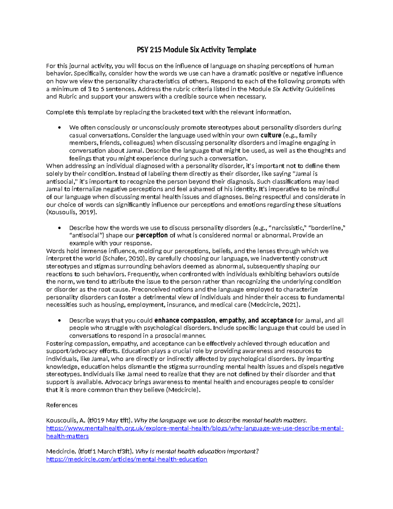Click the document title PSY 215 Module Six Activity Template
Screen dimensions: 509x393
click(x=196, y=50)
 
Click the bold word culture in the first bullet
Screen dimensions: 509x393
click(x=271, y=135)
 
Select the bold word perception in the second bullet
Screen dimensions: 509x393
click(x=152, y=235)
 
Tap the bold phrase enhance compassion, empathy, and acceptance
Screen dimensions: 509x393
click(x=224, y=320)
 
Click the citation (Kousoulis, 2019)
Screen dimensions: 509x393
click(x=72, y=212)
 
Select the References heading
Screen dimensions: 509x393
click(x=62, y=405)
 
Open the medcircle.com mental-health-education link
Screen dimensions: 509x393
click(x=127, y=459)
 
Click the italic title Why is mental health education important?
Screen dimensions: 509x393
click(x=197, y=451)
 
